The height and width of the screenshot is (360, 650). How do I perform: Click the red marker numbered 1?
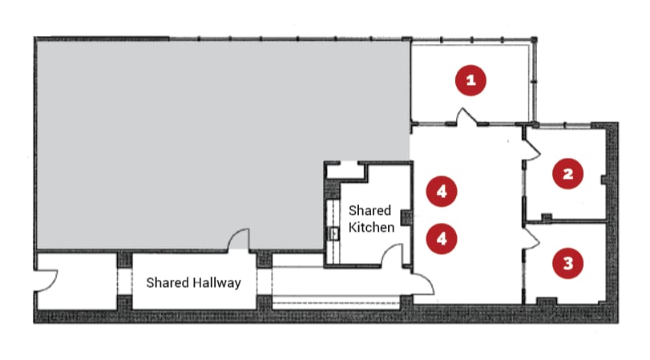(x=470, y=80)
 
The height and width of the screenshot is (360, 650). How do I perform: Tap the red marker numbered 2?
(x=568, y=173)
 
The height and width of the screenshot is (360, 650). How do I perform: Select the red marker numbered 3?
(x=568, y=263)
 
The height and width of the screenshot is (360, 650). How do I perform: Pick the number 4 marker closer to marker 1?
(x=442, y=191)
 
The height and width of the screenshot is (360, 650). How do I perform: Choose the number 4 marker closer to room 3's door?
(x=442, y=239)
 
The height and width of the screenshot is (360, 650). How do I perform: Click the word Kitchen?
(x=371, y=227)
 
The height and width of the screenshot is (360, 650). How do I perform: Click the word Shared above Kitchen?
(x=369, y=210)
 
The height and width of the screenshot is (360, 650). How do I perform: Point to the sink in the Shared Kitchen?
(x=333, y=234)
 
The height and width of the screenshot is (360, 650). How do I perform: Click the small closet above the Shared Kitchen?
(x=345, y=171)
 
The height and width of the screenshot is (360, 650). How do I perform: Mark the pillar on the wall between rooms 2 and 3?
(x=547, y=217)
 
